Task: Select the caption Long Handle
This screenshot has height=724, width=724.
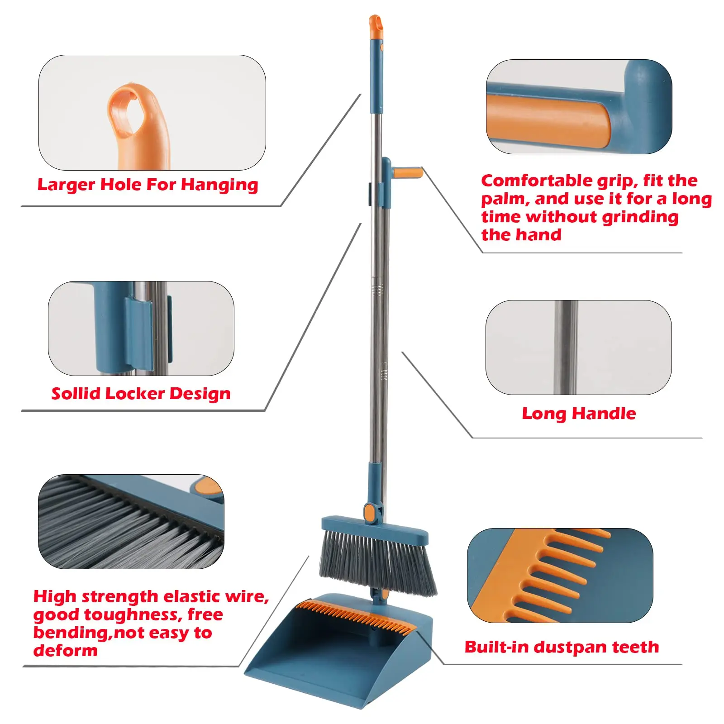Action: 579,414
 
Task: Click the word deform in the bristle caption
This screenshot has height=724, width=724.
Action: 65,651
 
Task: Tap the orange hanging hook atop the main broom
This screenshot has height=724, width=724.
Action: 375,26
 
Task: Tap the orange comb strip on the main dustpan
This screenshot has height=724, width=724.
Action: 357,613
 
